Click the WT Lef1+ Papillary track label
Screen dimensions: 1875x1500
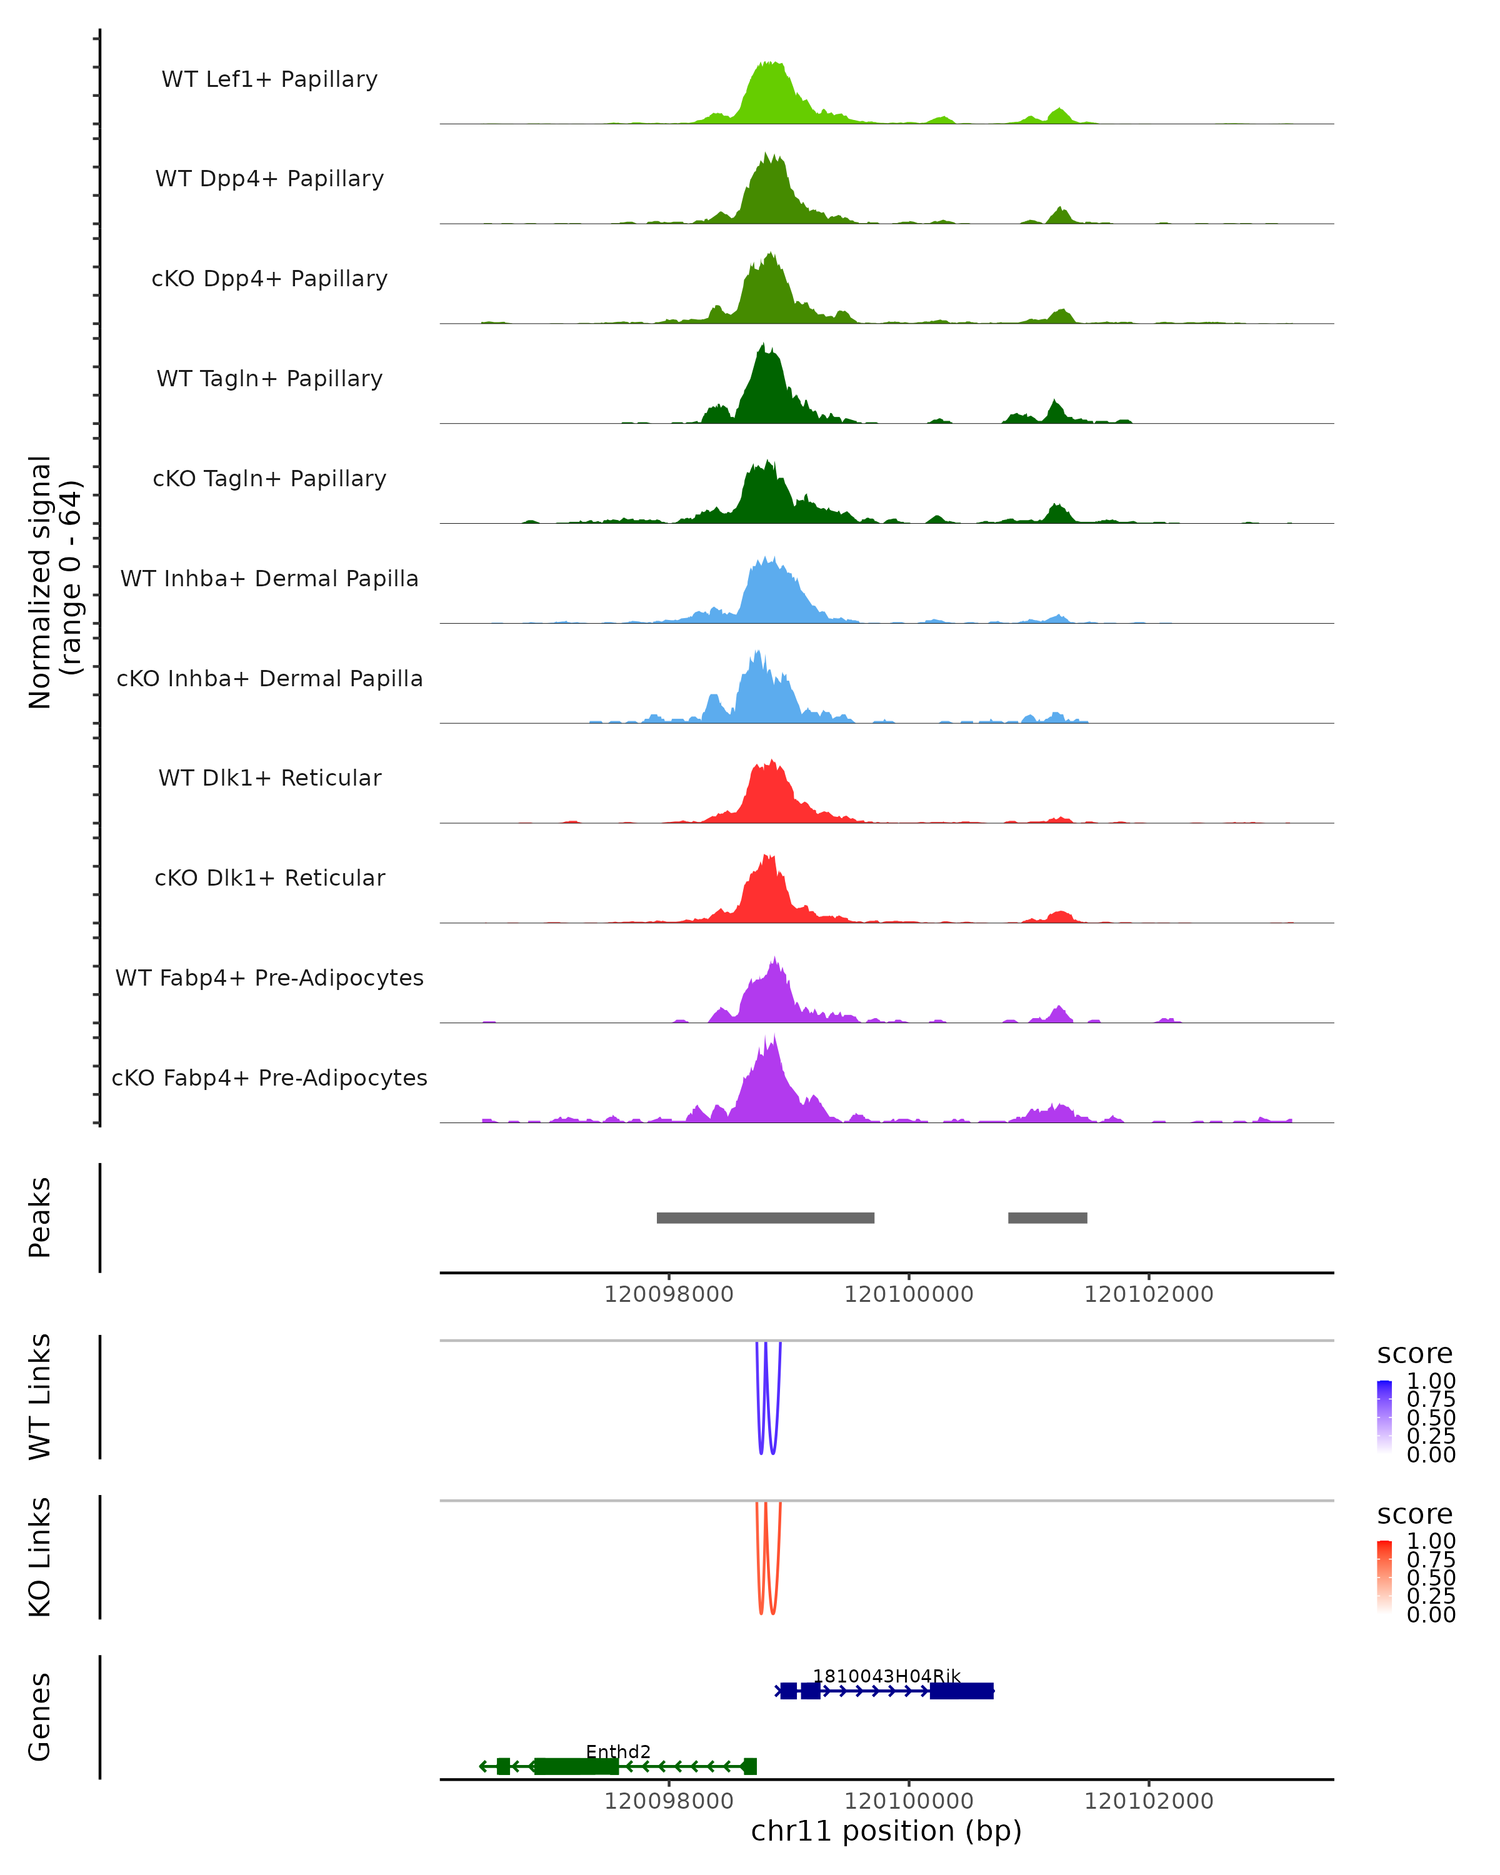click(269, 79)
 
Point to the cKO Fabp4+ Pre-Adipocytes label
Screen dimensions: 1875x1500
click(269, 1077)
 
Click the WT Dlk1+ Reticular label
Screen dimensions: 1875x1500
click(269, 777)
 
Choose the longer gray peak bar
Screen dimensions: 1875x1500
click(765, 1217)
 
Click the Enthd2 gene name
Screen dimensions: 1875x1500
click(617, 1751)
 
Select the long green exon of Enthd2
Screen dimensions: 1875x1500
click(576, 1766)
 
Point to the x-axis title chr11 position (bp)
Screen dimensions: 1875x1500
click(886, 1831)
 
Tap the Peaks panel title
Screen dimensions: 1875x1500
click(40, 1217)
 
